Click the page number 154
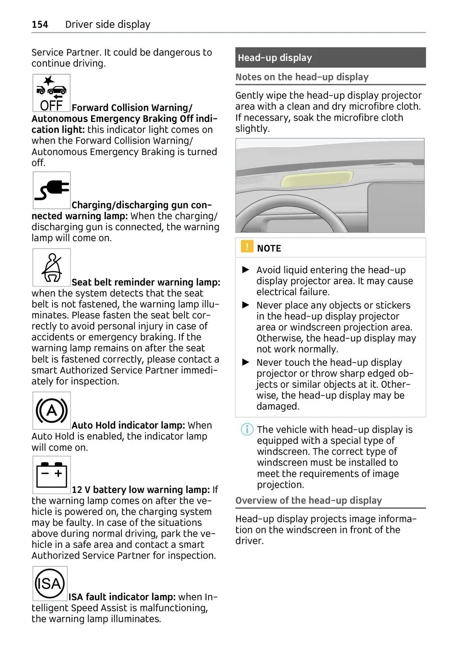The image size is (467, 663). (40, 25)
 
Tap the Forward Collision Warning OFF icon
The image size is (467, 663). (51, 93)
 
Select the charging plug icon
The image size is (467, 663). (51, 190)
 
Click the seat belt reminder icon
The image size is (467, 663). (52, 267)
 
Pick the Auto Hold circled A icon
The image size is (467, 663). (52, 411)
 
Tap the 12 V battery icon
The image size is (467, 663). (52, 475)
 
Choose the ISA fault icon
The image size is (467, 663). (50, 584)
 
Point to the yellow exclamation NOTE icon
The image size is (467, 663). (247, 247)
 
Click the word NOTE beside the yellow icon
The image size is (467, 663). (269, 248)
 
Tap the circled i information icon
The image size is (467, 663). (247, 429)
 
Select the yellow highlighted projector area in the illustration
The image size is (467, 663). (317, 179)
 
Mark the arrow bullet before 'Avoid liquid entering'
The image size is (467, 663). (246, 269)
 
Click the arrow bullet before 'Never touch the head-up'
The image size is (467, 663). (246, 362)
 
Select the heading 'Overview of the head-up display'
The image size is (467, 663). (309, 500)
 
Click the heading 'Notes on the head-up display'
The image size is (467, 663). (302, 77)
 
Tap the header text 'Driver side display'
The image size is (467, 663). (108, 25)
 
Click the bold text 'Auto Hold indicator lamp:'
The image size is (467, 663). (128, 425)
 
